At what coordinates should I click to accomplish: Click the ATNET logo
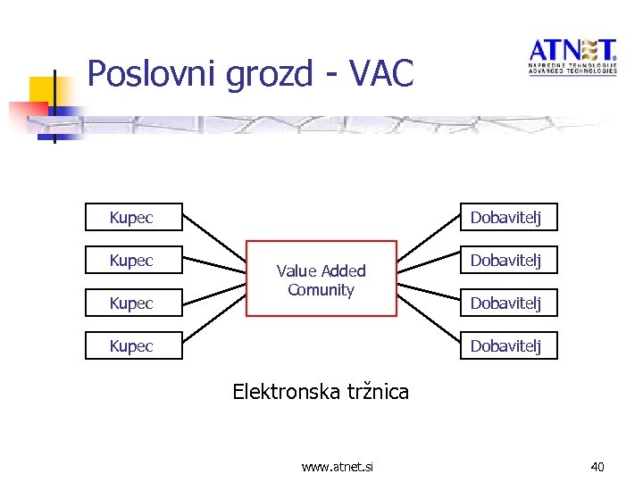coord(572,56)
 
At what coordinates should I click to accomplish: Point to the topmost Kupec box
coord(133,218)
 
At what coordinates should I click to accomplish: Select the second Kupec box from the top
coord(133,261)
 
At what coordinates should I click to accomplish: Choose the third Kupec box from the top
coord(133,303)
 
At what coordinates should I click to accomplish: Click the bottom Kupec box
coord(133,345)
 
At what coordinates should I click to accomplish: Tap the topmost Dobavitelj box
coord(508,218)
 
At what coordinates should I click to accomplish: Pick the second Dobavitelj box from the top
coord(508,261)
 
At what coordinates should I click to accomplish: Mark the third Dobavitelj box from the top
coord(508,303)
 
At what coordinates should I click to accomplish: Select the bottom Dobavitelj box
coord(508,345)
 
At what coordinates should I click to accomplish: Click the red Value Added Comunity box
coord(321,279)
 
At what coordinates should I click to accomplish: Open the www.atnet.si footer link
coord(338,466)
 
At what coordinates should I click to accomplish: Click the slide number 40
coord(597,466)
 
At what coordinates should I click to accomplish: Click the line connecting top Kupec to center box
coord(214,237)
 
